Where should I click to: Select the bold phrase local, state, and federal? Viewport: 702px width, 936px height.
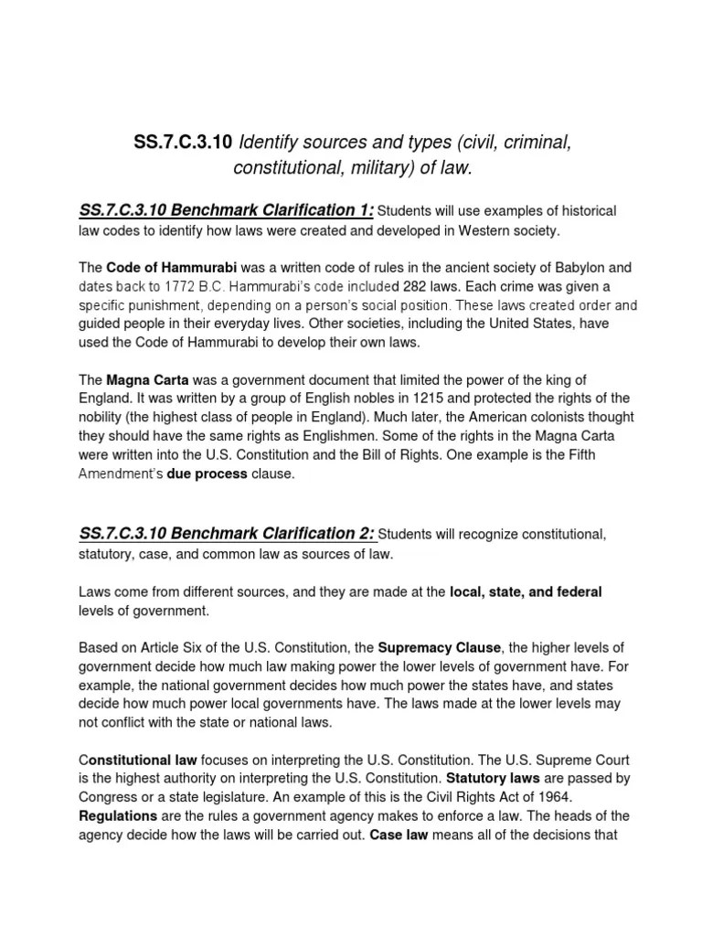coord(526,592)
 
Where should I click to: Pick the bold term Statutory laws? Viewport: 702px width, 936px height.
coord(494,779)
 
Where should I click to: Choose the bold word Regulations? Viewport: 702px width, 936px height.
coord(115,815)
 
